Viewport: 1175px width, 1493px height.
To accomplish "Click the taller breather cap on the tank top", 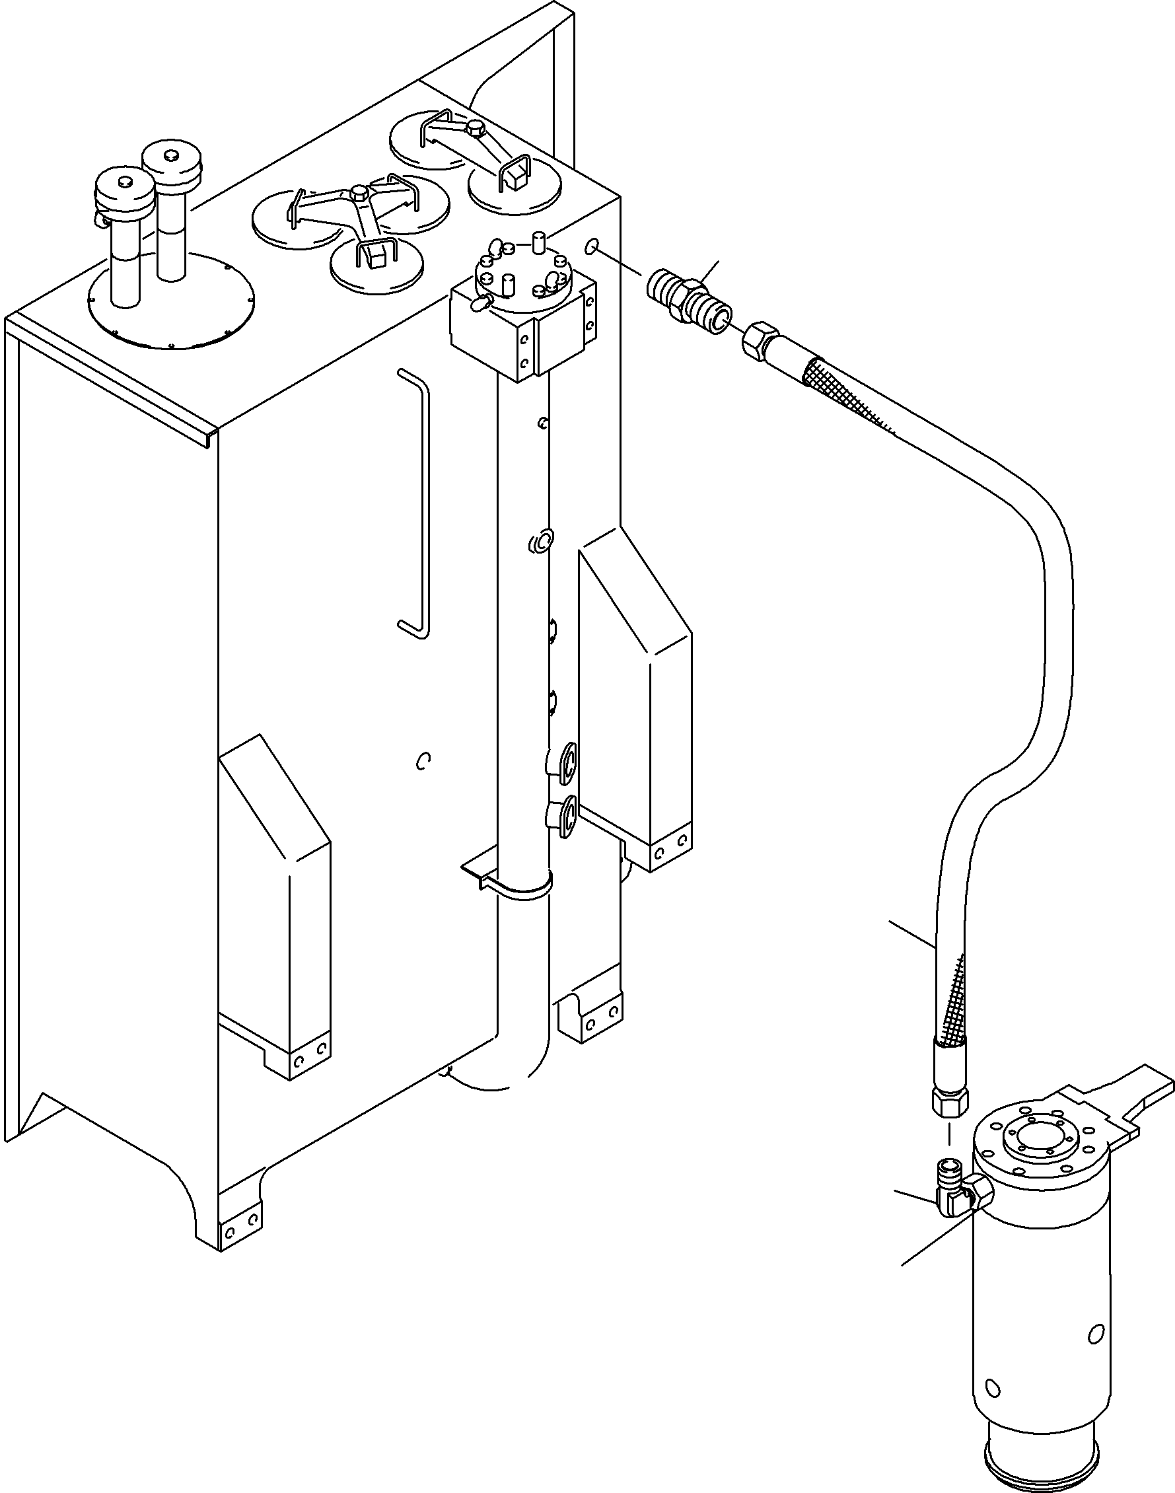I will pos(172,163).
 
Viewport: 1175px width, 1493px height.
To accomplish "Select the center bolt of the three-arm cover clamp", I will pos(359,194).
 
